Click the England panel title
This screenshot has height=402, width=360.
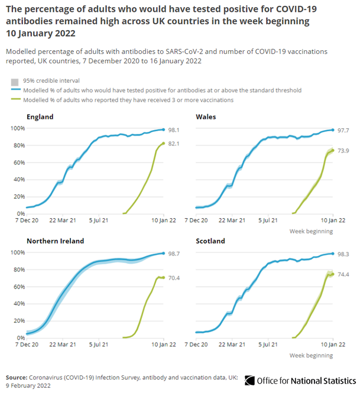(x=40, y=116)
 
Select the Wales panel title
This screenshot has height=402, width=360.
(x=206, y=116)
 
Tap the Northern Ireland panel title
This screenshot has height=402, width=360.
(x=55, y=241)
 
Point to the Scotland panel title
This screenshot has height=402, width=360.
(x=211, y=241)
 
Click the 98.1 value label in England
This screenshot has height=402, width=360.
(x=174, y=129)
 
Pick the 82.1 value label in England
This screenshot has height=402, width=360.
(x=174, y=144)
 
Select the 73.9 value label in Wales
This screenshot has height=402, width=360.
(x=343, y=150)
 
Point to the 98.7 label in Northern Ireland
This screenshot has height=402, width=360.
(x=174, y=253)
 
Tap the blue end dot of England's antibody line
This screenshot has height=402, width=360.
(x=163, y=129)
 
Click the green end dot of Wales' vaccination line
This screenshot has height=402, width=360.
(x=333, y=150)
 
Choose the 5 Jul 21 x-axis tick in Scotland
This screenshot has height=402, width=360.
(x=269, y=345)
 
